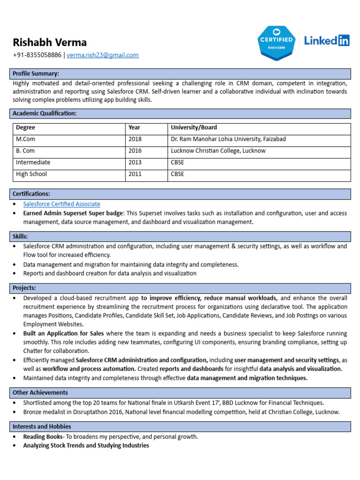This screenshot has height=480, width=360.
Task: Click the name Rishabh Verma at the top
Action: (x=50, y=42)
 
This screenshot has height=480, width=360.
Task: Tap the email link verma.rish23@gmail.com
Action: (x=103, y=55)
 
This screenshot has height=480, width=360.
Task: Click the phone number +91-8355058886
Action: (x=37, y=55)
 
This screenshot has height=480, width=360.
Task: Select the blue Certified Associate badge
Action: (x=276, y=43)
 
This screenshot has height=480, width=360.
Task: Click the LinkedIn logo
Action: (x=327, y=41)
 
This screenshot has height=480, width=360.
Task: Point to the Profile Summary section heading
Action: (x=36, y=74)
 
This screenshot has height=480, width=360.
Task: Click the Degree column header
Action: (x=25, y=127)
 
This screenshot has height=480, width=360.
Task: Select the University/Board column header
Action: (x=194, y=127)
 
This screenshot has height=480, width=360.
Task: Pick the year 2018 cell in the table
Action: (x=135, y=139)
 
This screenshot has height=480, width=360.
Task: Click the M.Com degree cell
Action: (x=25, y=139)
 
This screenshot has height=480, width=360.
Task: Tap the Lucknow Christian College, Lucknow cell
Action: (x=218, y=151)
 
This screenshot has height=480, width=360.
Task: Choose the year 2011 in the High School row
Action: (x=135, y=174)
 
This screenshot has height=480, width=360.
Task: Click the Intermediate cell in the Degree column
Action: (x=33, y=162)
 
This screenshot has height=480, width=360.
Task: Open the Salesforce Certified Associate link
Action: (x=61, y=204)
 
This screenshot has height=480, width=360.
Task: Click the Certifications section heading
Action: (x=31, y=194)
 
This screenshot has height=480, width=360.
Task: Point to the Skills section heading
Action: (x=20, y=236)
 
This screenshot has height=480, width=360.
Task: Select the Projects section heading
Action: (x=24, y=288)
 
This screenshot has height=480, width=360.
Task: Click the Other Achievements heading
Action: (x=40, y=392)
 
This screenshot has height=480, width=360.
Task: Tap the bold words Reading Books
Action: (x=43, y=436)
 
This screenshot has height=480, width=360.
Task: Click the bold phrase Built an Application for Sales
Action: (x=64, y=333)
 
